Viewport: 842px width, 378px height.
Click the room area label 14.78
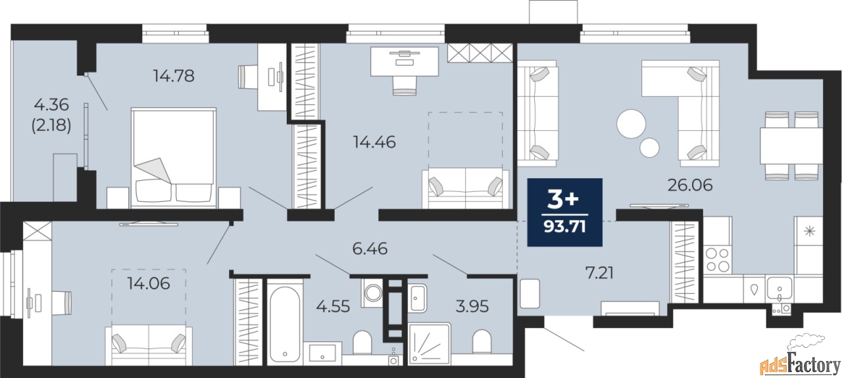click(174, 76)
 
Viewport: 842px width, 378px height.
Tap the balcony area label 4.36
click(51, 105)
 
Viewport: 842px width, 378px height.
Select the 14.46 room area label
click(374, 143)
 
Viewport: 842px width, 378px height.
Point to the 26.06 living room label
click(690, 185)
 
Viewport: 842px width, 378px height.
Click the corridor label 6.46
click(370, 248)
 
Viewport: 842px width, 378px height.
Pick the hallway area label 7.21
click(599, 273)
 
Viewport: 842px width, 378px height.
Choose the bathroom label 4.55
click(333, 306)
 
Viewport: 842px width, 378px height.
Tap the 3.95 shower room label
click(472, 306)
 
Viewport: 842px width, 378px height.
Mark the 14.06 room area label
click(149, 283)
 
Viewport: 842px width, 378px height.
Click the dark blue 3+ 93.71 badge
click(564, 212)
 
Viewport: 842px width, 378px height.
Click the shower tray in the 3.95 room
click(430, 343)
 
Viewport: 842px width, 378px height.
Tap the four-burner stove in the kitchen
click(718, 260)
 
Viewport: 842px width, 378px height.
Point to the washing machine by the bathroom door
click(372, 293)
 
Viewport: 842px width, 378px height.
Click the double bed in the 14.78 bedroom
click(173, 158)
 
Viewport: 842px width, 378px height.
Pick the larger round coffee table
click(631, 124)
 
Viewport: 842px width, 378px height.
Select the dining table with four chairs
click(791, 146)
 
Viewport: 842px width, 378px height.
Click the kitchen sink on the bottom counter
click(780, 290)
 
